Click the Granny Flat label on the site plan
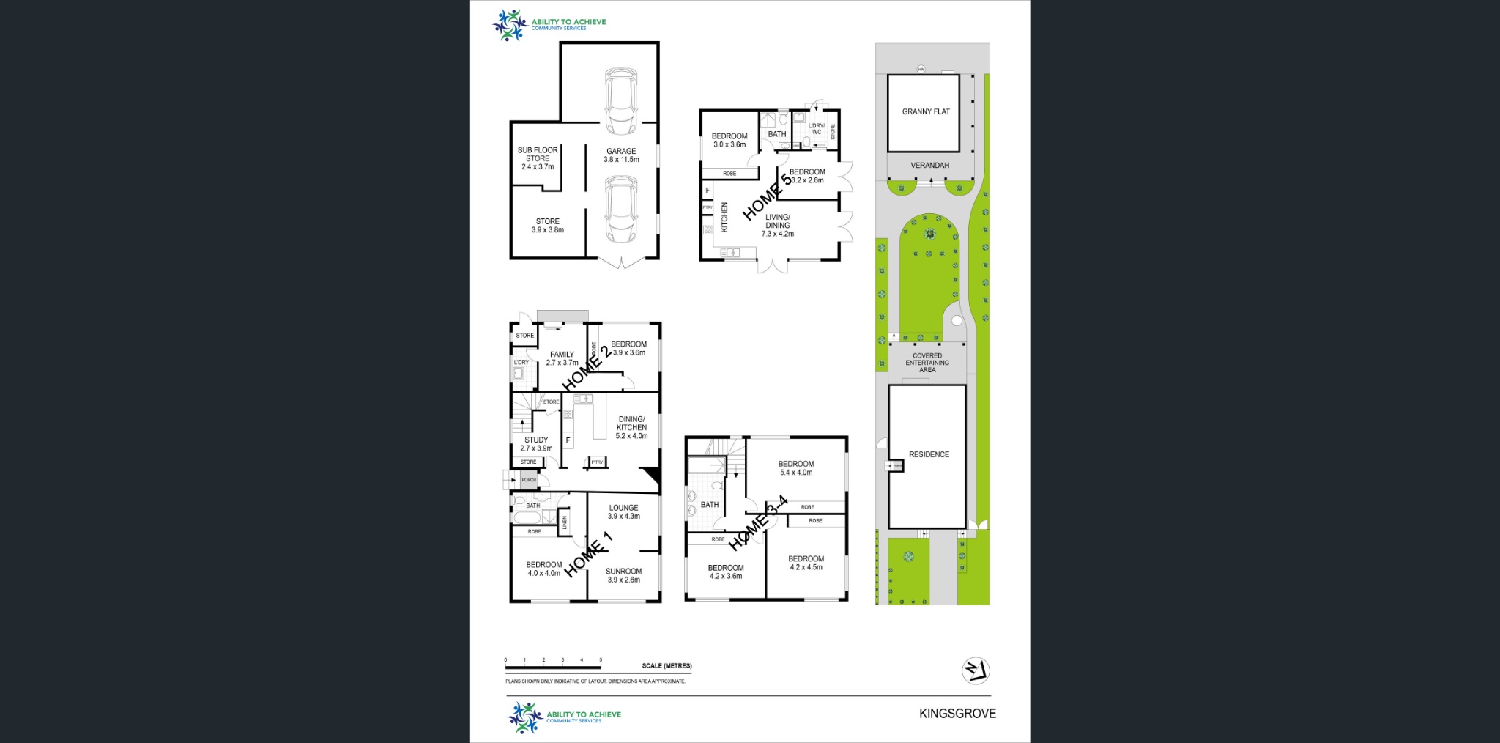(x=926, y=111)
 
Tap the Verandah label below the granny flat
(x=929, y=166)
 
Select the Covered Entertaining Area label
(x=927, y=363)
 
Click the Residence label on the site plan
(x=929, y=454)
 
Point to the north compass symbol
(x=976, y=670)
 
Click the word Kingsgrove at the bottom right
(x=957, y=713)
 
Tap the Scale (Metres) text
(x=667, y=666)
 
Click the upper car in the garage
(x=620, y=101)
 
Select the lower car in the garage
(x=620, y=210)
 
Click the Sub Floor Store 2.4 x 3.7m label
(x=538, y=158)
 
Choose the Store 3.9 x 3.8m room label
(x=548, y=225)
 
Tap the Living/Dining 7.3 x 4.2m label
(x=778, y=225)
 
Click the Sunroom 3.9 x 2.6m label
(x=624, y=575)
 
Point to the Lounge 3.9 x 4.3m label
(x=624, y=511)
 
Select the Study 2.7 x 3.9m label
(x=536, y=444)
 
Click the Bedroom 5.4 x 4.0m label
(x=796, y=468)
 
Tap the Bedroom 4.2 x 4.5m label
(x=806, y=563)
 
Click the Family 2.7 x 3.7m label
(x=562, y=358)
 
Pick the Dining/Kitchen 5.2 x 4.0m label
(x=631, y=427)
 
